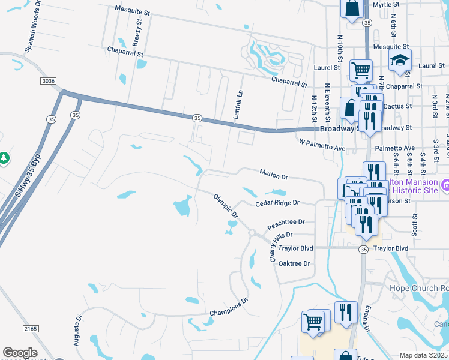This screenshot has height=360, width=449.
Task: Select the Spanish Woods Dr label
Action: pos(32,27)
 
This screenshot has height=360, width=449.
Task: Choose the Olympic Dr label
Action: pos(226,205)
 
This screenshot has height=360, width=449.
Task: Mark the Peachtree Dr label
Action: pos(286,222)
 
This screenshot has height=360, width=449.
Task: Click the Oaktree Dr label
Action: pos(294,263)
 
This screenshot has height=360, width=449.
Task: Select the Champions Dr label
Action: pos(229,308)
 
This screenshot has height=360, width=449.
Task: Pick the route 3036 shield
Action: pos(49,80)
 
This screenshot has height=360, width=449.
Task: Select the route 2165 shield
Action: pos(32,329)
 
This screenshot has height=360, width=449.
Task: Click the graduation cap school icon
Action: pos(400,61)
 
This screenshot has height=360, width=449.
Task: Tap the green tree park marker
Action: pos(4,157)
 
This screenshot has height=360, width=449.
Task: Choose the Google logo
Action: pos(20,353)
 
